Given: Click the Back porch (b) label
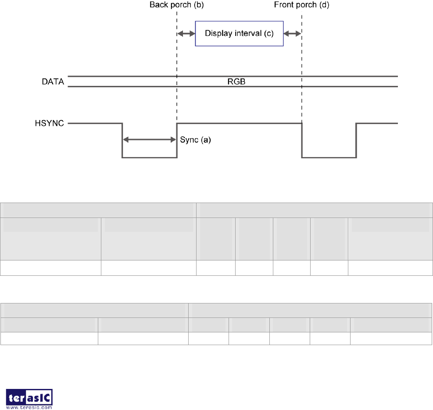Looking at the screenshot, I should tap(176, 5).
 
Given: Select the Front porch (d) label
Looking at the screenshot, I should tap(301, 5).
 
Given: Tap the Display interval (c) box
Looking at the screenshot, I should tap(239, 33).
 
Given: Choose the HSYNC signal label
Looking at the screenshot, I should tap(50, 124).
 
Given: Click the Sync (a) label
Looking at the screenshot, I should tap(196, 140).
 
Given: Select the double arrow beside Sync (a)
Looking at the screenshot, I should tap(149, 140).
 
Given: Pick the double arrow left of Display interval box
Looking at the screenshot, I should tap(186, 33).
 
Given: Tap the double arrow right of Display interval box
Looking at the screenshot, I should tap(292, 33).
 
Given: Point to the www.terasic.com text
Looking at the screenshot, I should tap(30, 407).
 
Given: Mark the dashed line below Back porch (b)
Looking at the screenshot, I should tap(176, 66).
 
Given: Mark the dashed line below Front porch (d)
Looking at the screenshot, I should tap(302, 66).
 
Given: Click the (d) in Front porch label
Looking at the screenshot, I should tap(324, 5).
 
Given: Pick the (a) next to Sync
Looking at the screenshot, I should tap(206, 140).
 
